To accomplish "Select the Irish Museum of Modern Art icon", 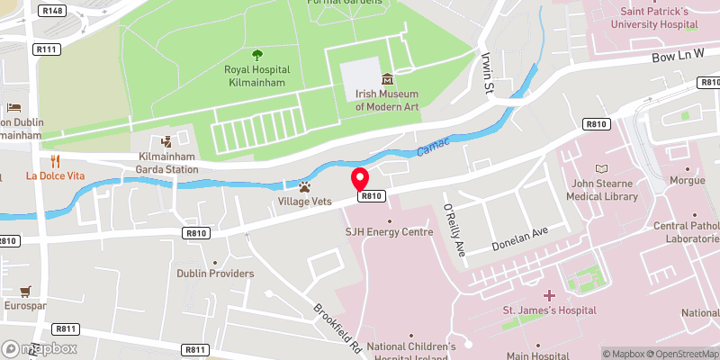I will click(x=387, y=80).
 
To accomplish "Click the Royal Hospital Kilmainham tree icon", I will click(x=257, y=54).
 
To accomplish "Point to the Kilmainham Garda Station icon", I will click(x=166, y=141).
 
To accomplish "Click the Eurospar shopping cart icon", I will click(x=25, y=292).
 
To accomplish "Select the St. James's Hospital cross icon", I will click(x=549, y=295).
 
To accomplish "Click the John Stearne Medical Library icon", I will click(x=601, y=168).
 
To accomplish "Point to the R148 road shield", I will click(x=51, y=11).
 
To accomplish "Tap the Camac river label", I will click(x=436, y=145).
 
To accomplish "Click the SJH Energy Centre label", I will click(x=390, y=232).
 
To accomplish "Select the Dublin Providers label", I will click(x=215, y=274).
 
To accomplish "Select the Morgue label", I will click(x=688, y=180).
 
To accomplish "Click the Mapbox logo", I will click(x=40, y=347).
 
